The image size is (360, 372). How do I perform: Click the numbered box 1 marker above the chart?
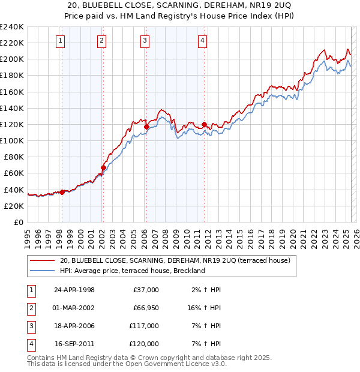62,41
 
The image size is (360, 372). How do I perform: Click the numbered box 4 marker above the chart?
203,41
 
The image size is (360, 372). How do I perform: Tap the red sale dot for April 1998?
62,192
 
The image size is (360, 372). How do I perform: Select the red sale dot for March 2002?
103,167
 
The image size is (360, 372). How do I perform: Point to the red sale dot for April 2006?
146,127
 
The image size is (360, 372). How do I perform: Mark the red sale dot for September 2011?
204,124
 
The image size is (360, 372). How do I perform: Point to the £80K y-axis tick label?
13,157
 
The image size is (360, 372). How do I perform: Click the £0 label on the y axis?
19,222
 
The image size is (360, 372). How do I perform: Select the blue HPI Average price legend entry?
132,271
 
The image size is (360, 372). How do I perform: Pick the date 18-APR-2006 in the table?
74,326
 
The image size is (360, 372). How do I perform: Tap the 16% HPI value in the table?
203,308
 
